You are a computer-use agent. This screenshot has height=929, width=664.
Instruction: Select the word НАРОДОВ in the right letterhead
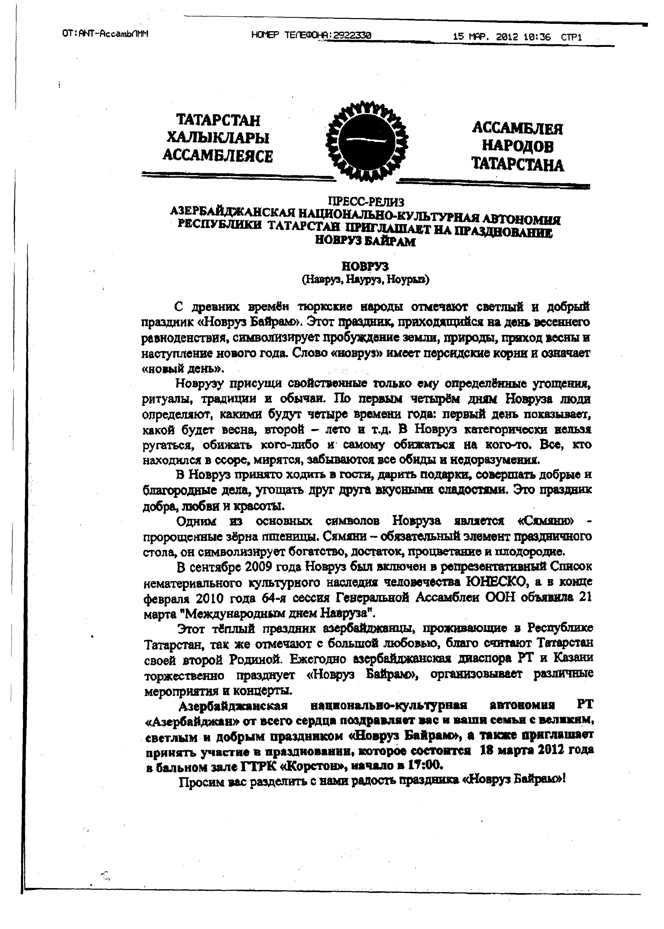click(518, 146)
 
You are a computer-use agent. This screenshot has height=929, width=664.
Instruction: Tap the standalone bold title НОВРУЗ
click(365, 267)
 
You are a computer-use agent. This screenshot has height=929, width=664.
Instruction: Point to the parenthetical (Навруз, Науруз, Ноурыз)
click(365, 280)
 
